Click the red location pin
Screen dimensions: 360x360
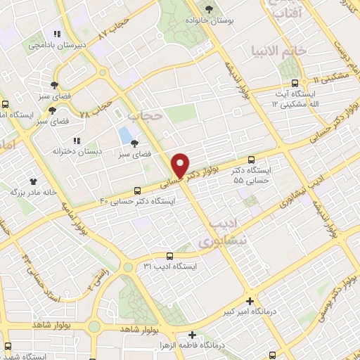coord(181,165)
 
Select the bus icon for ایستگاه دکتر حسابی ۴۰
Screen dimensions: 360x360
coord(138,191)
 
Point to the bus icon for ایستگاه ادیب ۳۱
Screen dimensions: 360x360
coord(169,256)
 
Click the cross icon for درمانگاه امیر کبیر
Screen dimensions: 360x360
coord(259,300)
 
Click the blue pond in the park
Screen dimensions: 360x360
coord(125,134)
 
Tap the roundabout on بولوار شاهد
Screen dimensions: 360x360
coord(94,326)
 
